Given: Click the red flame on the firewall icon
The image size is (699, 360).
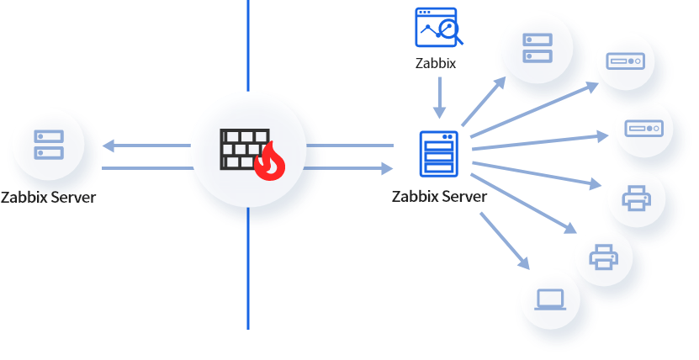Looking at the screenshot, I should (270, 161).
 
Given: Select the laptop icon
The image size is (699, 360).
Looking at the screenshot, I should (550, 299).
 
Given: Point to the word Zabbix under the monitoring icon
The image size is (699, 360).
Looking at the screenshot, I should (436, 63).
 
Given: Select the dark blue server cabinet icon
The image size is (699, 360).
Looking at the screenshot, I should (438, 154).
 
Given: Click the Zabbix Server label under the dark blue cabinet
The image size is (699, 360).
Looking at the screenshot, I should (438, 197).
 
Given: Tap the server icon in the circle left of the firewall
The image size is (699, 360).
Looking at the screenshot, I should (49, 145).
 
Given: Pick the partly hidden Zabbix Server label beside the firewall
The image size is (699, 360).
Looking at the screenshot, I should (48, 199).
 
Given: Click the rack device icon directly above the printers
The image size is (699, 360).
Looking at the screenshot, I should (643, 128).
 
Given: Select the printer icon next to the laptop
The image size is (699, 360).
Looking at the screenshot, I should (604, 257).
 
